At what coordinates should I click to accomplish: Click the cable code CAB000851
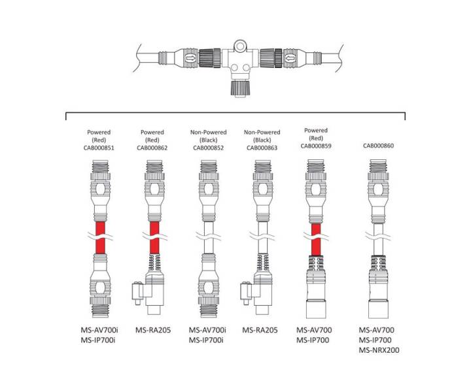(x=99, y=148)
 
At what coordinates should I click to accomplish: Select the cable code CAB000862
(x=152, y=148)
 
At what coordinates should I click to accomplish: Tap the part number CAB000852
(x=209, y=148)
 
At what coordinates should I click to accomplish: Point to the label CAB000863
(x=262, y=148)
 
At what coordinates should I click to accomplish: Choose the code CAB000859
(x=316, y=146)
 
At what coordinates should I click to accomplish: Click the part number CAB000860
(x=379, y=146)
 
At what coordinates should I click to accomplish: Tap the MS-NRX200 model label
(x=379, y=350)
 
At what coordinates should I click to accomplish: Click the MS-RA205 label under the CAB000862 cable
(x=153, y=330)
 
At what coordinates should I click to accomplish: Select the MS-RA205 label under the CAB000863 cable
(x=260, y=330)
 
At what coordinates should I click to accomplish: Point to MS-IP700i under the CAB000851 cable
(x=98, y=340)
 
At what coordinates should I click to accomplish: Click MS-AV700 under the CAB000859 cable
(x=314, y=330)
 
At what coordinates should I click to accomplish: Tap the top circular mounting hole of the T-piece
(x=240, y=46)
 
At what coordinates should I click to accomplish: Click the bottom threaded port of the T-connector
(x=240, y=88)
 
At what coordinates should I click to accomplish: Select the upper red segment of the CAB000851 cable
(x=100, y=228)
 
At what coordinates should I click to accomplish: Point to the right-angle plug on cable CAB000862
(x=149, y=293)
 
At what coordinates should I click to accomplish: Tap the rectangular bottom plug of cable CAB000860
(x=379, y=309)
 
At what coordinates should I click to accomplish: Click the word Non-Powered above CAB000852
(x=209, y=132)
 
